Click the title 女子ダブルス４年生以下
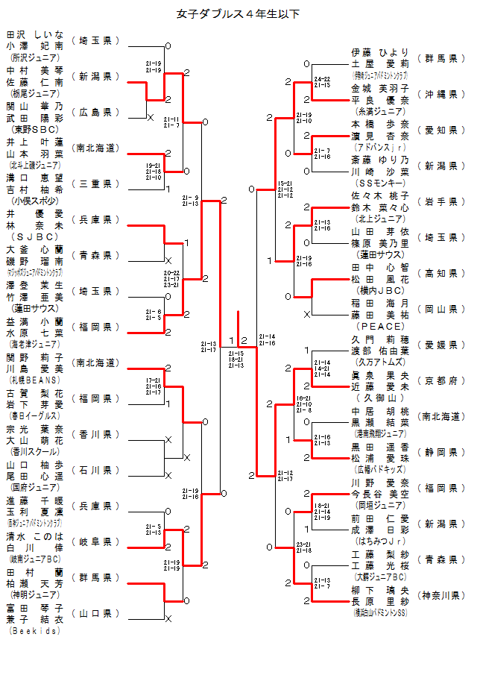pos(238,13)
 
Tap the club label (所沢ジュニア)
pos(35,57)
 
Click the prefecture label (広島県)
pos(95,112)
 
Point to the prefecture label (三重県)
pos(95,183)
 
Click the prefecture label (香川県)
pos(95,434)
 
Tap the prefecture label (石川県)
pos(95,470)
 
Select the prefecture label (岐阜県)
pos(95,542)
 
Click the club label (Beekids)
pos(35,630)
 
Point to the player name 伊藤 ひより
pos(381,52)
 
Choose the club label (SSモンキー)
pos(381,182)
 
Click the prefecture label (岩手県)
pos(437,201)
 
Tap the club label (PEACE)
pos(381,326)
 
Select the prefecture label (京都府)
pos(437,380)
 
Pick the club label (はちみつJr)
pos(381,540)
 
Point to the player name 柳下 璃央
pos(381,590)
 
